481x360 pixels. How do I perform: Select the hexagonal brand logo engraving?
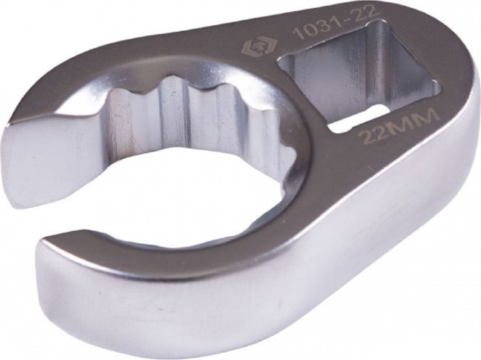[249, 47]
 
